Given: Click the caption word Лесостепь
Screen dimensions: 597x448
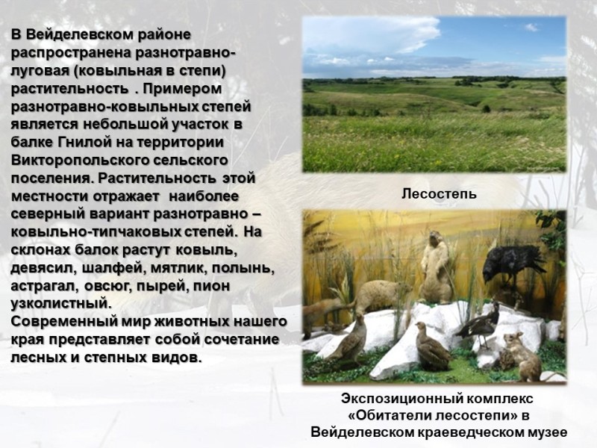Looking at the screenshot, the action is coord(439,194).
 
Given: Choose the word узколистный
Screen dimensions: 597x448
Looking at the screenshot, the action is coord(61,304).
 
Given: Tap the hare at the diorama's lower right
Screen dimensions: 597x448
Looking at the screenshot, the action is coord(522,357).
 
